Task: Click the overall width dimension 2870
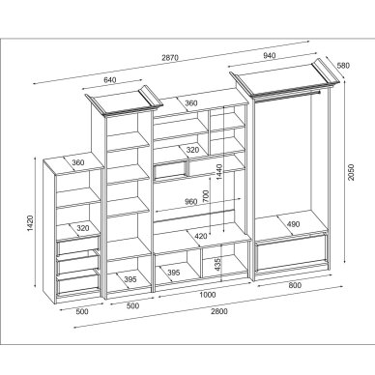[x=170, y=58]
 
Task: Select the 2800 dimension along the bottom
[x=219, y=311]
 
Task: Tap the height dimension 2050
[x=351, y=172]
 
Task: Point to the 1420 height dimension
[x=30, y=223]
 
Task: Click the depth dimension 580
[x=343, y=66]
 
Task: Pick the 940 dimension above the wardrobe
[x=270, y=55]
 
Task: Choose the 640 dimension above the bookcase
[x=110, y=80]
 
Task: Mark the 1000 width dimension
[x=208, y=295]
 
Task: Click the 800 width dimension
[x=295, y=285]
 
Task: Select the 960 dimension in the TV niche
[x=190, y=202]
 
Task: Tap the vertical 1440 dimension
[x=219, y=172]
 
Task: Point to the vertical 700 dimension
[x=206, y=196]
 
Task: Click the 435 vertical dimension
[x=217, y=264]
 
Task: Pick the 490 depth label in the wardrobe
[x=293, y=224]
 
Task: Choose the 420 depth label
[x=201, y=236]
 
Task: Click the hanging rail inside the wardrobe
[x=288, y=96]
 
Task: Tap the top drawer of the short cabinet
[x=78, y=245]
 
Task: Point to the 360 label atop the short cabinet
[x=78, y=162]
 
